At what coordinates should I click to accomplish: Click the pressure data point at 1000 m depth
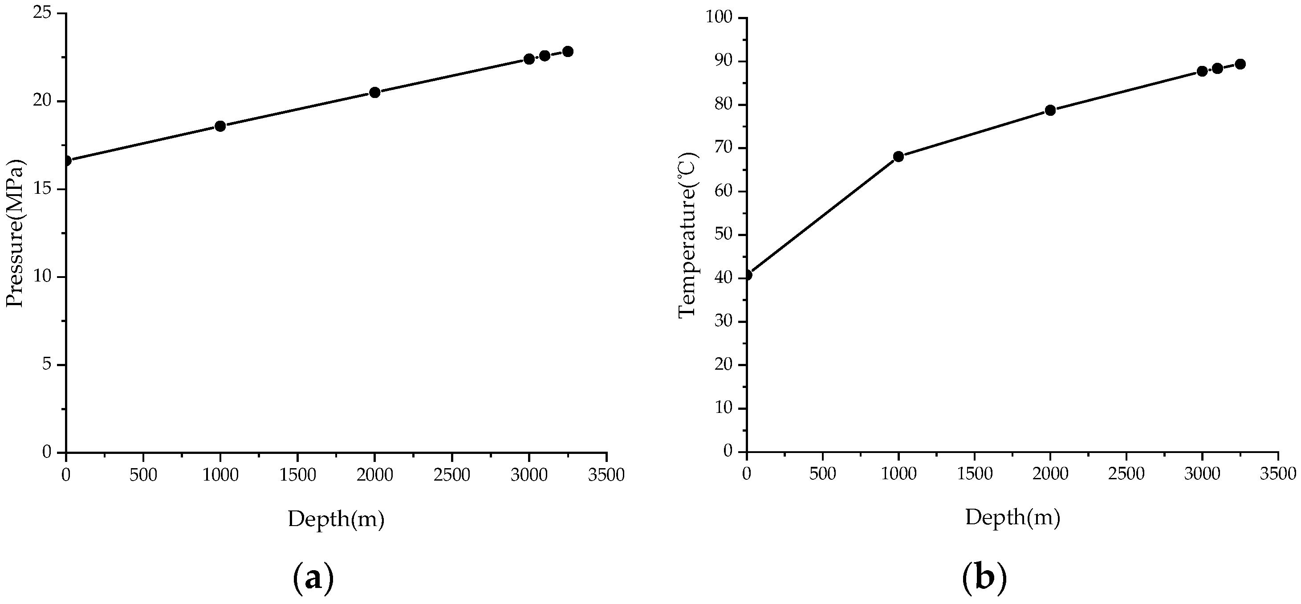click(220, 126)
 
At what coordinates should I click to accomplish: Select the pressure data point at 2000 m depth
click(375, 92)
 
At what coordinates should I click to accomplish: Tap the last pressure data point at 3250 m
click(568, 52)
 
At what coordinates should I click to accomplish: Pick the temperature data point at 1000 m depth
click(899, 156)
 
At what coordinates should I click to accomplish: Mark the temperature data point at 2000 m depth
click(1050, 110)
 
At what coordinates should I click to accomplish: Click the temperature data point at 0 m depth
click(747, 275)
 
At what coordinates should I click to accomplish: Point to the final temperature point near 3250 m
click(1240, 64)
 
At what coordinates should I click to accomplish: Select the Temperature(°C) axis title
click(687, 235)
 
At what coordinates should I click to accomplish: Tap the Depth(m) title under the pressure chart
click(336, 518)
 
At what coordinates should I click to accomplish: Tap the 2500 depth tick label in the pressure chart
click(451, 475)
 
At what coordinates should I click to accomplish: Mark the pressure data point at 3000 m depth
click(529, 59)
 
